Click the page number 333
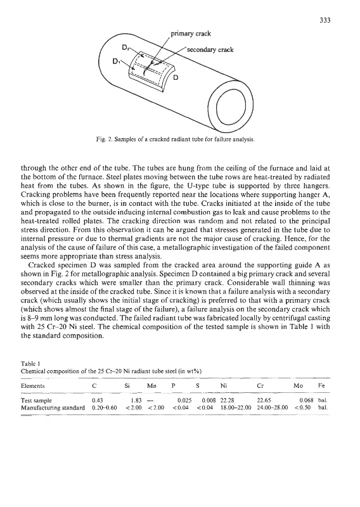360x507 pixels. (325, 20)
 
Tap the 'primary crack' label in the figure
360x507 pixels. (191, 34)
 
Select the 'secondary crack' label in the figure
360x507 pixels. (210, 49)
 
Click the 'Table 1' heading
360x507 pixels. (30, 363)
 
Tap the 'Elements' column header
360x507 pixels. (33, 386)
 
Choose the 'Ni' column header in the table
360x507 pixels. (224, 386)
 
